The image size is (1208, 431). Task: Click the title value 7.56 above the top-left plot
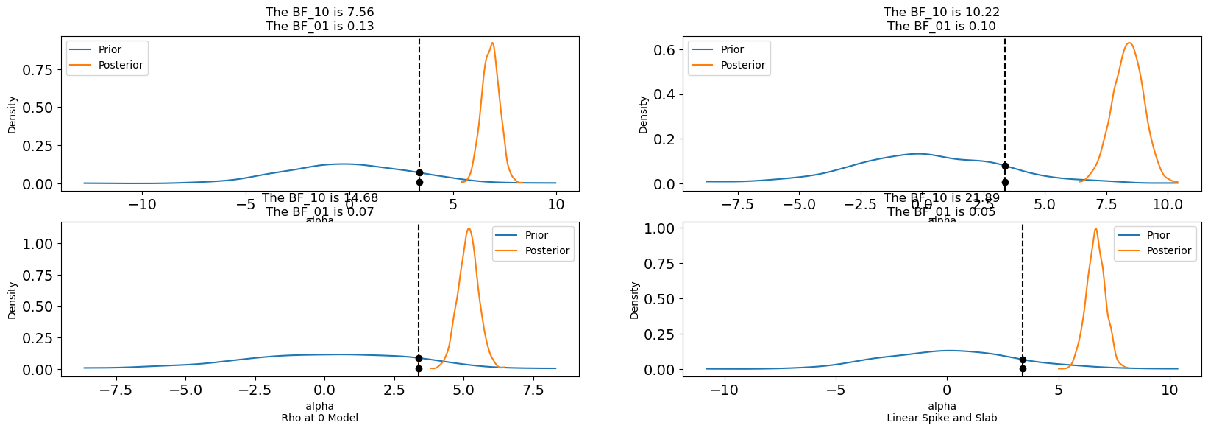(360, 13)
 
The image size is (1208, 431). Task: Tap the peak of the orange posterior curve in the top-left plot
(492, 43)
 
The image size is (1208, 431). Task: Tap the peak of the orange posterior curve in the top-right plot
(1129, 43)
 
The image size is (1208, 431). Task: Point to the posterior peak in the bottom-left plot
(468, 228)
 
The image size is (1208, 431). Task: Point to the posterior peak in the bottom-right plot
(1095, 228)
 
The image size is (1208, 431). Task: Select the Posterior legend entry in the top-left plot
(121, 65)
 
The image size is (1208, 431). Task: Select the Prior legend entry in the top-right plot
(732, 49)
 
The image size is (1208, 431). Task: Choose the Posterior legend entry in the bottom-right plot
(1169, 250)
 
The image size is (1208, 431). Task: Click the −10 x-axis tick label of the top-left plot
(142, 205)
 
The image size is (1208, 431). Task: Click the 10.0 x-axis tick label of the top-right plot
(1167, 205)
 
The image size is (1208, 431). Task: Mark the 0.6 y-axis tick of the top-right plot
(665, 50)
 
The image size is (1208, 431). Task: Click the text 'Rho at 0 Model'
(320, 418)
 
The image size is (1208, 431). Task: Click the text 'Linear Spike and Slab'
(942, 418)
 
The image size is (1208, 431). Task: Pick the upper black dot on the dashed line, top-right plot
(1005, 167)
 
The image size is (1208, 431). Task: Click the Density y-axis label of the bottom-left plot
(13, 301)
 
